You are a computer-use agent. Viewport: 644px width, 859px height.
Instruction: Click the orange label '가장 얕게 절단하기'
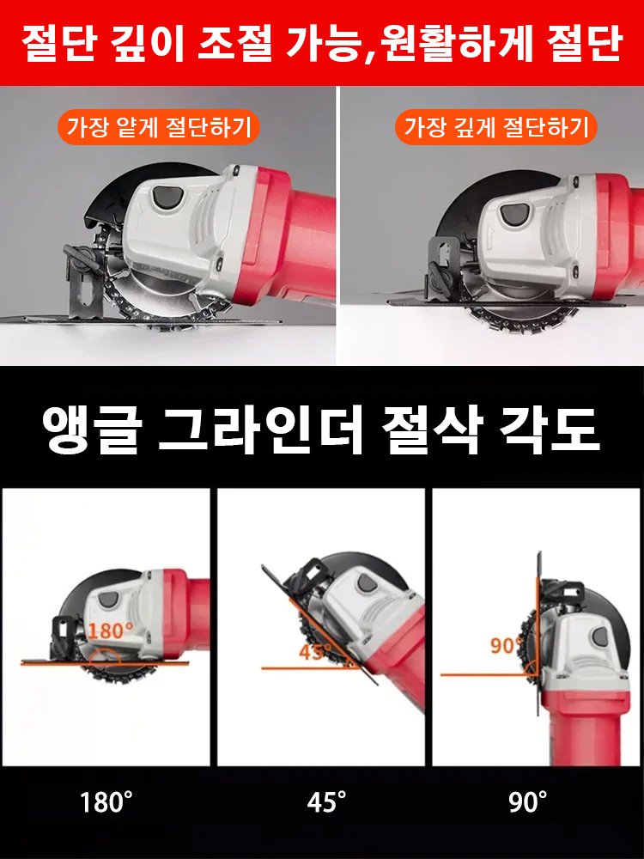(x=159, y=128)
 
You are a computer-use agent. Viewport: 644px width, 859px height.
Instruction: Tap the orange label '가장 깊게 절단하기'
(x=498, y=128)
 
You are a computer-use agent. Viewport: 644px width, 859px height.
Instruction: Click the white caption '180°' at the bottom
(x=106, y=803)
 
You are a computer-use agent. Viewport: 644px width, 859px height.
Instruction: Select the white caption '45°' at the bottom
(x=327, y=803)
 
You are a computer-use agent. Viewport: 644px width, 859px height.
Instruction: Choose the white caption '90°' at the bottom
(x=528, y=803)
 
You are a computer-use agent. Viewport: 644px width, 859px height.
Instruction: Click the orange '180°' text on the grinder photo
(x=110, y=630)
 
